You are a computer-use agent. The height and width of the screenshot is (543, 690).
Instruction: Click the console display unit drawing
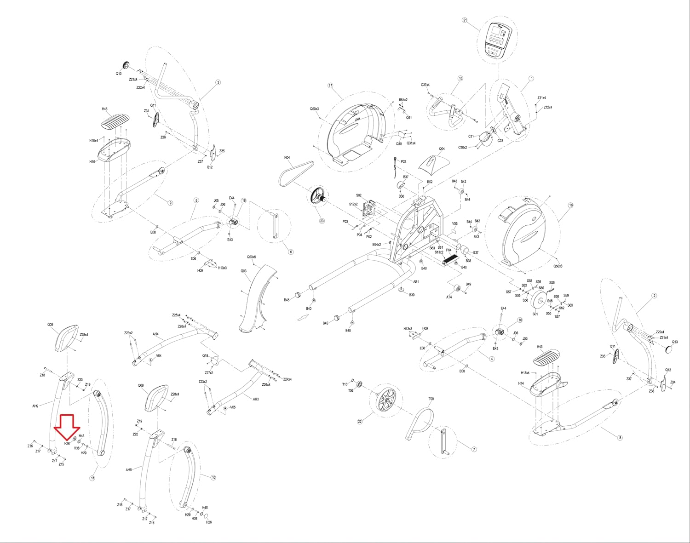point(498,41)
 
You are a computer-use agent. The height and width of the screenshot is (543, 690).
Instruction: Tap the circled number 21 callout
point(465,20)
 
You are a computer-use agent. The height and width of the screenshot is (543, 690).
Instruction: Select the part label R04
point(287,158)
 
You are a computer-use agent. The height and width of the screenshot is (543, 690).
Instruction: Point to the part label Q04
point(442,149)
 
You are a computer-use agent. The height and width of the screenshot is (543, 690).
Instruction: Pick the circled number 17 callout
point(330,86)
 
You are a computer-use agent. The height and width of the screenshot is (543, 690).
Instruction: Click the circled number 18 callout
point(571,206)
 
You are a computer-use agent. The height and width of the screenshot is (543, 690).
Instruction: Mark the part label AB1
point(416,282)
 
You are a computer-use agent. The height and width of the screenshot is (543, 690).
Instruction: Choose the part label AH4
point(155,334)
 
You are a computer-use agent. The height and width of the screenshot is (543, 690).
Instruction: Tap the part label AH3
point(256,399)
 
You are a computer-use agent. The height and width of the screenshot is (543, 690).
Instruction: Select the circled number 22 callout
point(360,422)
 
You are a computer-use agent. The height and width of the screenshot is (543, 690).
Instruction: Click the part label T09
point(431,399)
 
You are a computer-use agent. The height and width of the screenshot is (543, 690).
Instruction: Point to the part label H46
point(104,109)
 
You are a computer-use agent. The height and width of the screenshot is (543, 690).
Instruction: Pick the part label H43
point(540,347)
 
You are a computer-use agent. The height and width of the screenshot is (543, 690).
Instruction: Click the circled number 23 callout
point(322,221)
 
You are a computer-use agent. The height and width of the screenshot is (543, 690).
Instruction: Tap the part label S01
point(535,314)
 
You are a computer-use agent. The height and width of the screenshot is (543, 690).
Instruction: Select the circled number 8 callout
point(620,438)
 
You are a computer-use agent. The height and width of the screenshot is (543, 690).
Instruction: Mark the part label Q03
point(243,271)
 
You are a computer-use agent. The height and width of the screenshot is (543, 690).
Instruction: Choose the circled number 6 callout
point(291,252)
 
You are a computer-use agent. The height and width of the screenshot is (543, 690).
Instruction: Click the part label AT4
point(449,297)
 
